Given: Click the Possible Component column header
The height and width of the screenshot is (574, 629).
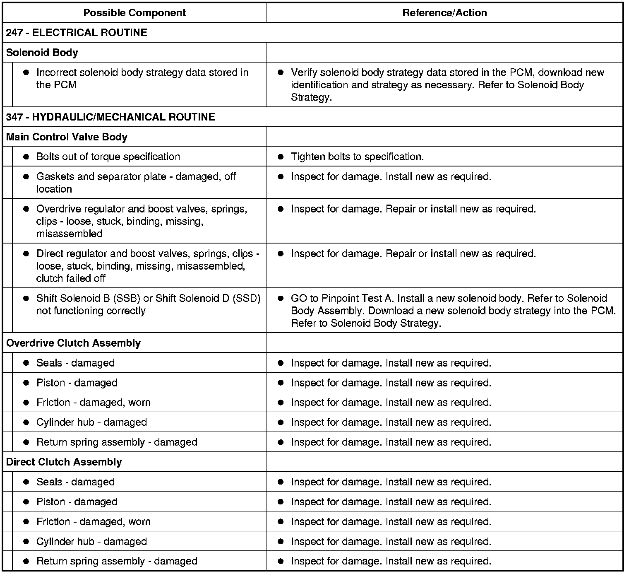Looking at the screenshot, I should coord(134,13).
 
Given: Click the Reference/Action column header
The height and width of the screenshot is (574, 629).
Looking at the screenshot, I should coord(444,13).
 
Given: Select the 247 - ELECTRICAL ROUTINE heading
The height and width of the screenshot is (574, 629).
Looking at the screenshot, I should coord(77,33).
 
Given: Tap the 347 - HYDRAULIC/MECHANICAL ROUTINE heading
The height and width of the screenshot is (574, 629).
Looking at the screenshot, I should coord(110,117).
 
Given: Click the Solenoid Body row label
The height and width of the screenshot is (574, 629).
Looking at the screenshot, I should coord(42,53).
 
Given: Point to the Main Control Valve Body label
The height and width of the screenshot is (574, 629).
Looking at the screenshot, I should coord(67,137).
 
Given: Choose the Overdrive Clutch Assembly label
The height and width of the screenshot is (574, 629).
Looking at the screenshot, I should coord(73,343).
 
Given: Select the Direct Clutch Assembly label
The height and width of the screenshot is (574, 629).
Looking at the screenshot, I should coord(64,462).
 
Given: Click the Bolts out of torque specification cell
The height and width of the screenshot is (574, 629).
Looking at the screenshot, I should coord(108,157).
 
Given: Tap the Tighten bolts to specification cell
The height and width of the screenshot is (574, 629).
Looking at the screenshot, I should coord(357,157).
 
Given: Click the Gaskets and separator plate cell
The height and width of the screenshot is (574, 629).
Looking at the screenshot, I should coord(136,183).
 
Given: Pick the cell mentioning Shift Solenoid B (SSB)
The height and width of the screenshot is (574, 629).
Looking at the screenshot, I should coord(148,304).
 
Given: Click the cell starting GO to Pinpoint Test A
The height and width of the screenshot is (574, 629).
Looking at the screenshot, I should coord(453,311).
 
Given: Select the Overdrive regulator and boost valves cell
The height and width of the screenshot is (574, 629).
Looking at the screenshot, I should coord(142,221).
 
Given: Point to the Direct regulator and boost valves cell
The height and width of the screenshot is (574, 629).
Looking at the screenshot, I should coord(147,266).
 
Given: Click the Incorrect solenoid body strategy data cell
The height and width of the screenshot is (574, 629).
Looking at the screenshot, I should coord(142,79).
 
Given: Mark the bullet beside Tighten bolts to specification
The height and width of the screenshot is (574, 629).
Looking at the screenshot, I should coord(281,157).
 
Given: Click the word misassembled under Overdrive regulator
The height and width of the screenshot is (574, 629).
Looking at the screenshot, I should coord(70,234).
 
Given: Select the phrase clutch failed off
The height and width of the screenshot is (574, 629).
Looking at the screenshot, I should coord(71,279).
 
